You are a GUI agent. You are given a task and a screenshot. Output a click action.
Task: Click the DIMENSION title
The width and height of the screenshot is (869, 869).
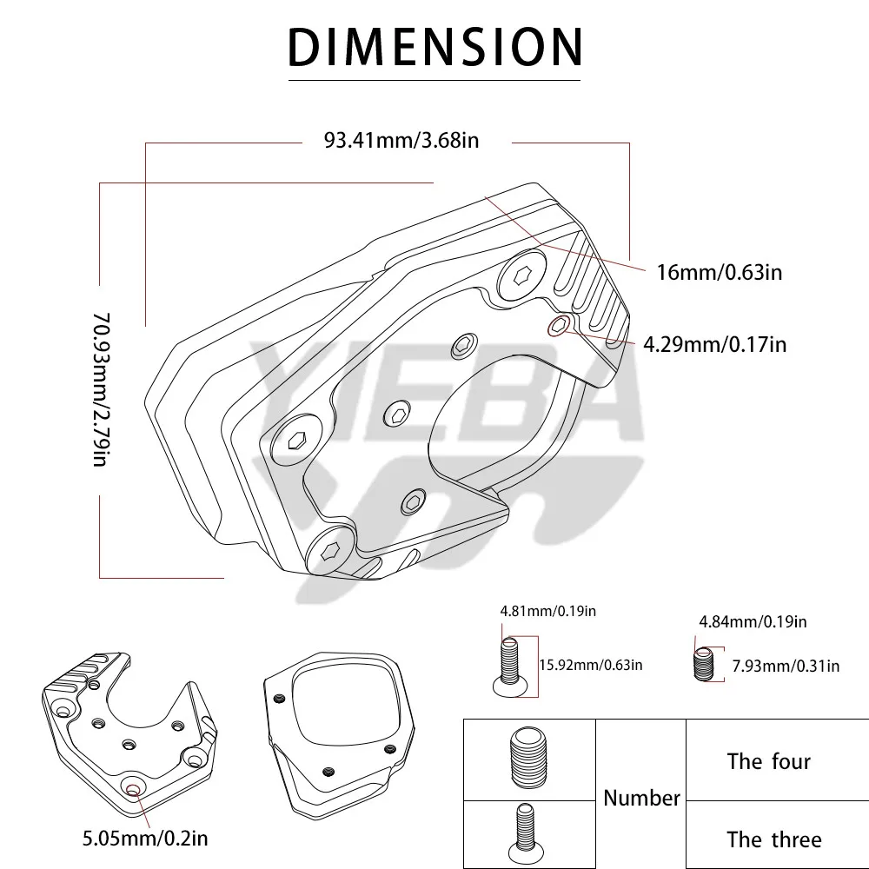tap(435, 47)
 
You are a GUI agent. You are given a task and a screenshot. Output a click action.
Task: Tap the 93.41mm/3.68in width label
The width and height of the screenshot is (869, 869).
tap(401, 140)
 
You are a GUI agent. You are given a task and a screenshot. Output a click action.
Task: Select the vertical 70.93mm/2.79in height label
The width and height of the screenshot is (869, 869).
tap(102, 389)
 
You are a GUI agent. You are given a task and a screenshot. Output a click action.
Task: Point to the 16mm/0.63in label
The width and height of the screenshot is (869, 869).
tap(719, 272)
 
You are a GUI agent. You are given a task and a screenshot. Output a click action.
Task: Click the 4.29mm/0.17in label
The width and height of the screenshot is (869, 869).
tap(714, 344)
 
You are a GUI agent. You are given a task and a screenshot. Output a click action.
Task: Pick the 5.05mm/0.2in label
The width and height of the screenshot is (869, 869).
tap(145, 838)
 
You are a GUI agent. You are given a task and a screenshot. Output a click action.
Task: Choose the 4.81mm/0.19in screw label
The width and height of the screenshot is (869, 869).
tap(548, 611)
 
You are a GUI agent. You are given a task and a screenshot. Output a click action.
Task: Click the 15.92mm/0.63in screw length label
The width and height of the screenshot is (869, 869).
tap(591, 665)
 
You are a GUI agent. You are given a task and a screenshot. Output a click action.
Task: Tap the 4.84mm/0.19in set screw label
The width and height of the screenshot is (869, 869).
tap(753, 621)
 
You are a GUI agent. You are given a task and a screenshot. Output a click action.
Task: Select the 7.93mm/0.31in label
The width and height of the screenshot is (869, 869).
tap(786, 666)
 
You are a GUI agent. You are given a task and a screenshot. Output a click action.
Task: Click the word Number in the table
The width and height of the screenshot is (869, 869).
tap(641, 798)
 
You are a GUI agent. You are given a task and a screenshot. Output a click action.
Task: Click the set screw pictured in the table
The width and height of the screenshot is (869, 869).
tap(528, 758)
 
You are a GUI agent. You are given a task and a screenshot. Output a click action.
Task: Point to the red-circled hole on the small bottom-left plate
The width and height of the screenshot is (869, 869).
tap(134, 791)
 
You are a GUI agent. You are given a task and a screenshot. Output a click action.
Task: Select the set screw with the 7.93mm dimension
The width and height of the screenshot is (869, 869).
tap(704, 664)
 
